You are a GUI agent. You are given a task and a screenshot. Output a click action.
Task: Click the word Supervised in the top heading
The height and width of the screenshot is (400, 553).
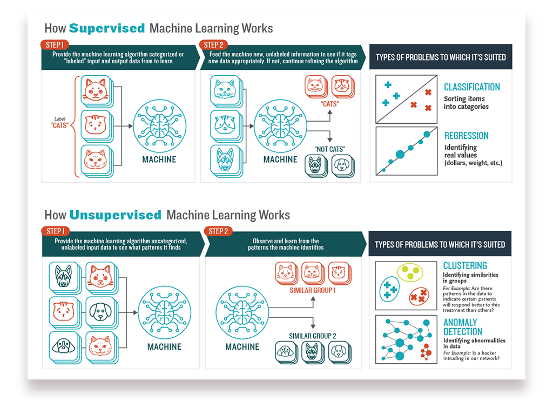[107, 28]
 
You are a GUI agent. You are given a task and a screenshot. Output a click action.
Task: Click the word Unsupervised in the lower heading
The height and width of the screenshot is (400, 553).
[116, 215]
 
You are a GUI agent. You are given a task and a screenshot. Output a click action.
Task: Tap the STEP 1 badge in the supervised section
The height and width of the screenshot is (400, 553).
[54, 45]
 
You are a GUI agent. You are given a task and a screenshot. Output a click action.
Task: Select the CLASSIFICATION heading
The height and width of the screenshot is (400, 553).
[471, 87]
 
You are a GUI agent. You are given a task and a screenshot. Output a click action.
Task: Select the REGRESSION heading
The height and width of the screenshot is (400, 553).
[466, 136]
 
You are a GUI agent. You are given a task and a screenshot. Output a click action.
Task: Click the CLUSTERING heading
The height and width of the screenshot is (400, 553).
[464, 265]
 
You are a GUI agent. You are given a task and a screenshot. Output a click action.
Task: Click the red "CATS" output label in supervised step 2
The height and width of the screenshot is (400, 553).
[329, 104]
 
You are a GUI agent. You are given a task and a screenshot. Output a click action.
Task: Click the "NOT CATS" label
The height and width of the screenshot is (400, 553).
[329, 149]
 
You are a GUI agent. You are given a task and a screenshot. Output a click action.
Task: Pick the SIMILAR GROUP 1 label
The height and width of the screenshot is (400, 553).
[313, 290]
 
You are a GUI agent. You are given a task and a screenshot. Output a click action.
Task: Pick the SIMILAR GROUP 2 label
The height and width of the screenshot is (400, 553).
[312, 336]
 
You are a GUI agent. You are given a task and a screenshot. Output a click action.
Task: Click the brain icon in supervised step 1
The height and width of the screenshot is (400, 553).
[159, 126]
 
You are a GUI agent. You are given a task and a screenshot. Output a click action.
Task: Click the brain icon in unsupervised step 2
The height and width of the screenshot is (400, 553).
[242, 313]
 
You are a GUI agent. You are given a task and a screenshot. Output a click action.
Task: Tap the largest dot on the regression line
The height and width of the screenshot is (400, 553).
[400, 155]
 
